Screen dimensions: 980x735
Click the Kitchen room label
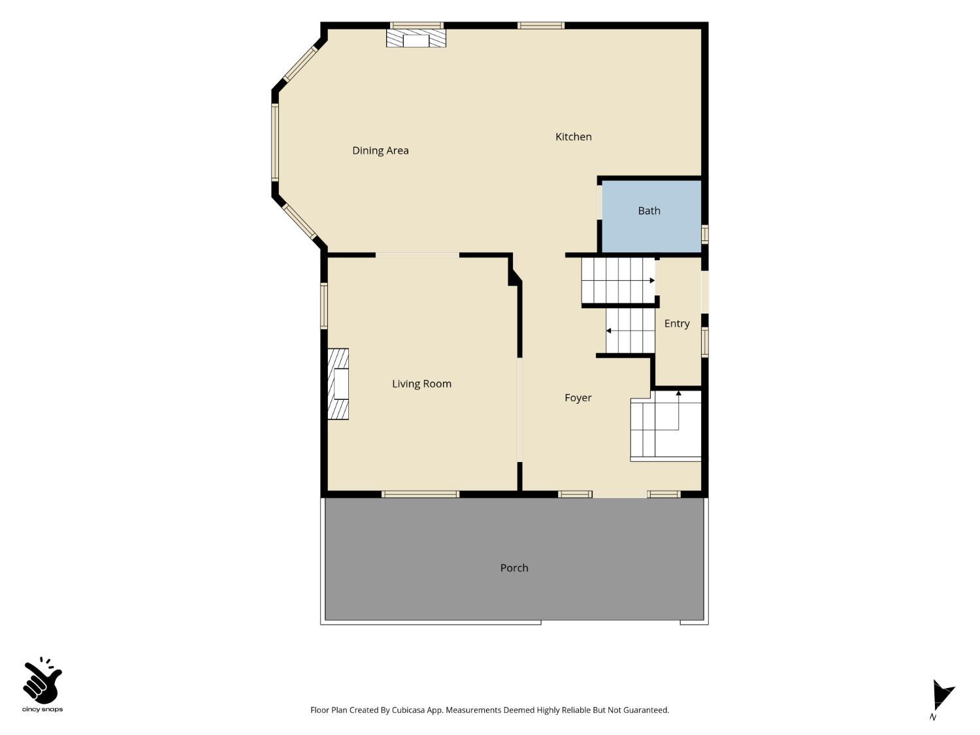(573, 137)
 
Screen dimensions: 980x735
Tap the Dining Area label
(380, 151)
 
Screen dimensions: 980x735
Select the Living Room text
(421, 384)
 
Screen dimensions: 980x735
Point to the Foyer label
(578, 398)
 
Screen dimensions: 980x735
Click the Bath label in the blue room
(649, 210)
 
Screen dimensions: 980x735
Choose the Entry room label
(677, 324)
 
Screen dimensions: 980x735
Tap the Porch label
(514, 568)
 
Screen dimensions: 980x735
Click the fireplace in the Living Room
(338, 384)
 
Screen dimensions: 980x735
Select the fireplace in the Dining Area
(416, 39)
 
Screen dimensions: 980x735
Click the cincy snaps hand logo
(42, 681)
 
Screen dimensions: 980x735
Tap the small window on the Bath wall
(704, 234)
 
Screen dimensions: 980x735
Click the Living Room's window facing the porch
(420, 494)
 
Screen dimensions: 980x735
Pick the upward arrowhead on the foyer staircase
(679, 393)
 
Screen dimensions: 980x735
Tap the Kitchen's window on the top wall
(541, 25)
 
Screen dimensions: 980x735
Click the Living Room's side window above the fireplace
(324, 306)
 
